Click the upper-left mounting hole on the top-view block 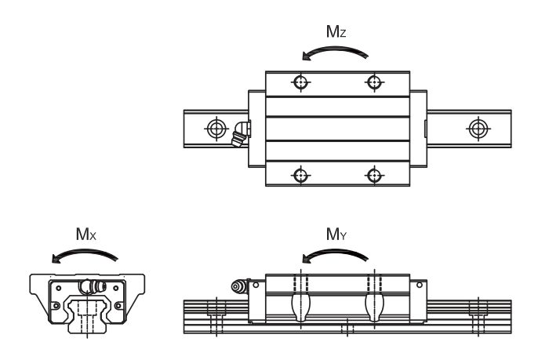click(x=300, y=82)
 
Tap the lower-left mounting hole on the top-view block click(x=300, y=174)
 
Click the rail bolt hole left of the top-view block click(x=213, y=129)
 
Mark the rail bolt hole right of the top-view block click(x=476, y=129)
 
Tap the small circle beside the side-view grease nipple click(x=256, y=286)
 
